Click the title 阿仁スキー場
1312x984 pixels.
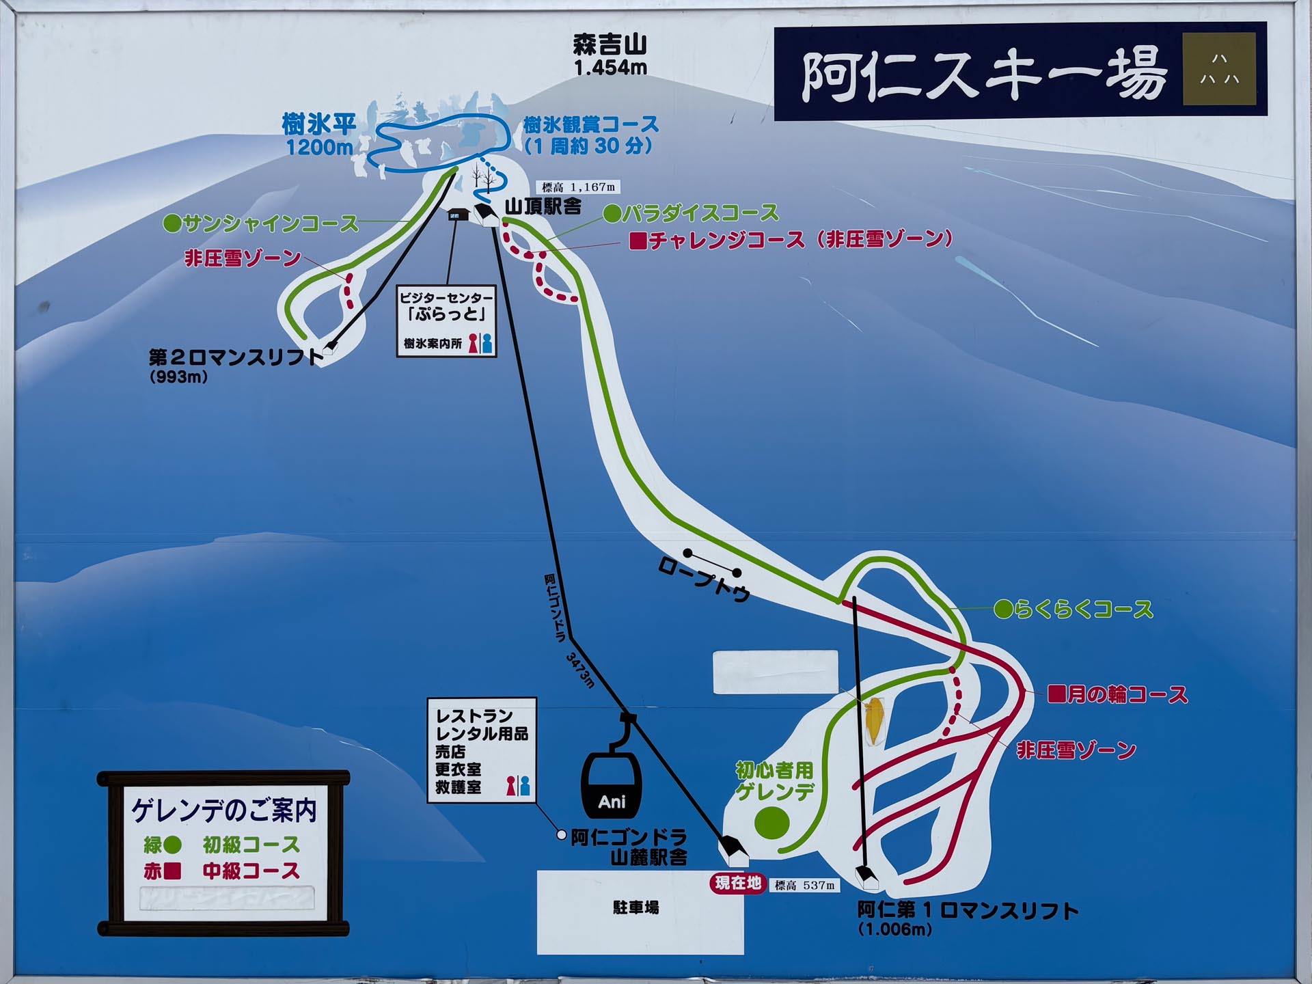click(x=984, y=75)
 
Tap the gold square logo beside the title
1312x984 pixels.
click(x=1219, y=69)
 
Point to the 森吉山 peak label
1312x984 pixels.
click(x=610, y=45)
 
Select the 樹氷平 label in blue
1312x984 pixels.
click(x=319, y=125)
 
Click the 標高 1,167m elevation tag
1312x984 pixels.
click(x=578, y=187)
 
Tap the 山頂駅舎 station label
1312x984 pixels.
click(x=543, y=206)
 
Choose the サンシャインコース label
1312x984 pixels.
click(x=270, y=223)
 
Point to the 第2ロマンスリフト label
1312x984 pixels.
click(x=236, y=357)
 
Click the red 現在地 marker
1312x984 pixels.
click(x=738, y=883)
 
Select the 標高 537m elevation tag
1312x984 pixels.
click(x=805, y=886)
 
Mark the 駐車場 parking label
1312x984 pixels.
click(x=635, y=907)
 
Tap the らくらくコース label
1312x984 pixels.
click(x=1084, y=609)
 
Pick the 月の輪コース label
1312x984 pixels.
click(x=1127, y=695)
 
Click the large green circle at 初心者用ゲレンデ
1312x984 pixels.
click(x=771, y=822)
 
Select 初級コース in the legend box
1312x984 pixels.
click(x=251, y=845)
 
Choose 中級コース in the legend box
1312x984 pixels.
click(x=251, y=871)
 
